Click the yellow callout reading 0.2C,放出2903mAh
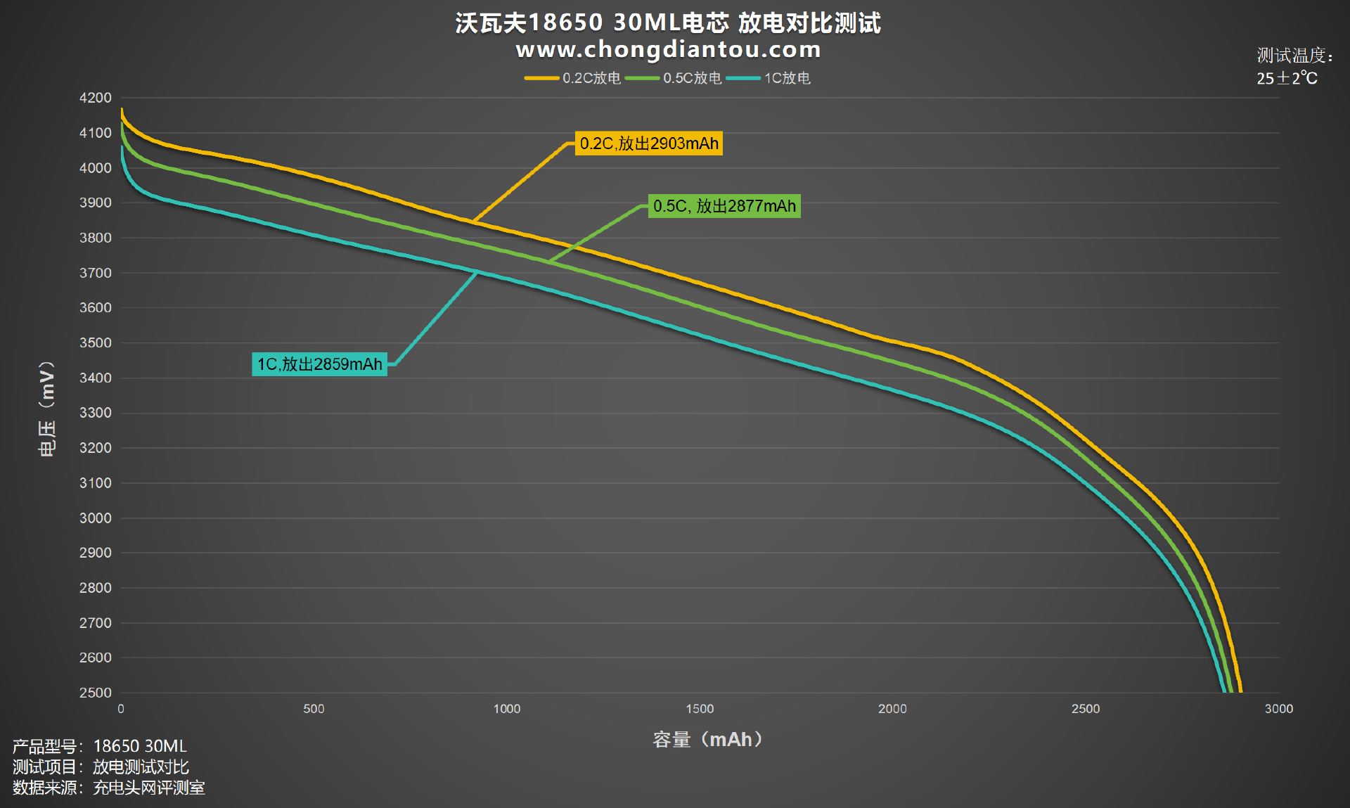648,143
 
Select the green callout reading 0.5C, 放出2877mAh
724,206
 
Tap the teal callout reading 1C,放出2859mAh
319,364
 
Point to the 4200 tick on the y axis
95,98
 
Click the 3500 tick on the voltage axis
95,343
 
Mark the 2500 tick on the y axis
95,693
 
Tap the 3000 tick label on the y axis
95,518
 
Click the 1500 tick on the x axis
700,709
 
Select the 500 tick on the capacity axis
314,709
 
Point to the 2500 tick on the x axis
1085,709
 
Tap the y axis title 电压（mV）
46,409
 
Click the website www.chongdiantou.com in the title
668,50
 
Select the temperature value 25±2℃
1287,78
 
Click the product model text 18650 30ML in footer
140,746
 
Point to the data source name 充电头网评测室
148,788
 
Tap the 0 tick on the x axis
121,709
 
